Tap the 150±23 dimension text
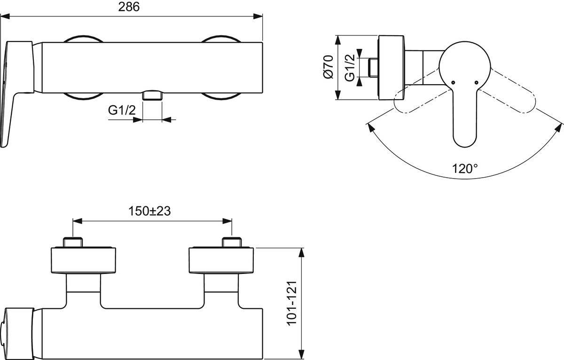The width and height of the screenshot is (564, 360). point(150,211)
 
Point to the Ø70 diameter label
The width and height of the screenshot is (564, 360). point(328,67)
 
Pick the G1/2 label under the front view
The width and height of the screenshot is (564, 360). point(122,110)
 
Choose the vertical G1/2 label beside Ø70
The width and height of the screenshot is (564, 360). point(349,68)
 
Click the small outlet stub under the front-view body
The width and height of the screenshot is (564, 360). point(152,95)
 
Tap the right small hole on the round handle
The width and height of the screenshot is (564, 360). point(477,83)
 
